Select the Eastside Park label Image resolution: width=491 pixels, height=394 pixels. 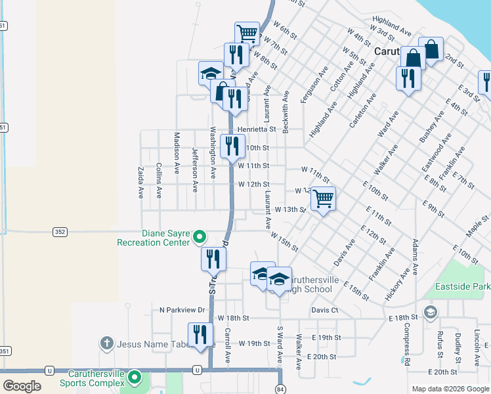point(462,287)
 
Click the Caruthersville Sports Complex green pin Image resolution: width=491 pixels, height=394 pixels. point(135,378)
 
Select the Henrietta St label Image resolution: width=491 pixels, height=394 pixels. point(257,129)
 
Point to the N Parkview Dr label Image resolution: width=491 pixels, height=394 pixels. point(182,309)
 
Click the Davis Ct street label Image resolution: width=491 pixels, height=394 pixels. point(325,309)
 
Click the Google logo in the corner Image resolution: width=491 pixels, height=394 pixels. point(22,385)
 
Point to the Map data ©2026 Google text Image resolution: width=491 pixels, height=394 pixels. point(450,389)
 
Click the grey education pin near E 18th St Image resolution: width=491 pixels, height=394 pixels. point(430,311)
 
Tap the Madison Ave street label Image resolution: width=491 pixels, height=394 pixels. point(177,152)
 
